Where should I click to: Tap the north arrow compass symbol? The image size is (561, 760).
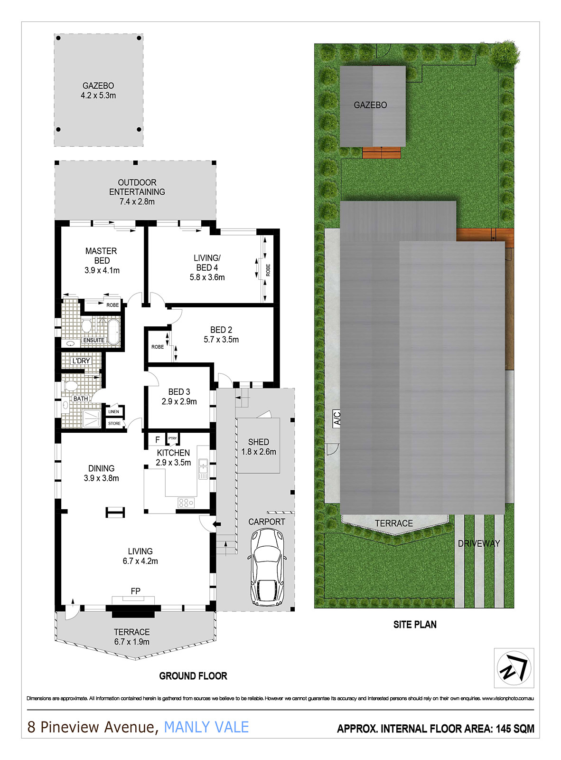pos(514,668)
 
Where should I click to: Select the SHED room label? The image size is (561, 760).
pos(258,442)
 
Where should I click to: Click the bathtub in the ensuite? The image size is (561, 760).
pos(113,331)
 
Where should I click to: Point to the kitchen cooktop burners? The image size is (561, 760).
pos(186,502)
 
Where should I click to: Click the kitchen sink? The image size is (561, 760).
pos(203,468)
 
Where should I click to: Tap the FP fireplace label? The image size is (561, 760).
pos(135,591)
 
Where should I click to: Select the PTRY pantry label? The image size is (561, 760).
pos(172,438)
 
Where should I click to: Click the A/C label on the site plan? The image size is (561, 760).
pos(337,418)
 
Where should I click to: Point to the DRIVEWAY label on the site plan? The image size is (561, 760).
pos(479,543)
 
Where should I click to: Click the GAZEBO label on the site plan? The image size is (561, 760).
pos(370,105)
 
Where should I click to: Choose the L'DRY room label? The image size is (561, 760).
pos(81,361)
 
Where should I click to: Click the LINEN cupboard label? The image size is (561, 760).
pos(113,412)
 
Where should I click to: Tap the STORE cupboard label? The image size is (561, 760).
pos(114,423)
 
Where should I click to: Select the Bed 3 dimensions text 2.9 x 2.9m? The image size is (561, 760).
pos(179,401)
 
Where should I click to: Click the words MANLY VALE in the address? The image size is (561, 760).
pos(206,727)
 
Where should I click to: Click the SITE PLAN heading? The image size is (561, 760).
pos(414,625)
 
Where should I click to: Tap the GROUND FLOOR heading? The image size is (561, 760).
pos(193,676)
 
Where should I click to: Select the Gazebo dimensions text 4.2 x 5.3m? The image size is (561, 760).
pos(98,95)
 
